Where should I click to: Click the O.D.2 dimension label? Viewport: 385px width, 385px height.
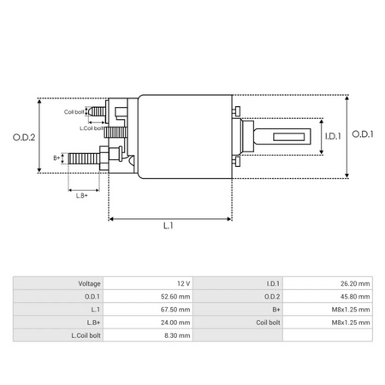click(23, 136)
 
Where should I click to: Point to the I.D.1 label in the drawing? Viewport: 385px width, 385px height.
click(333, 135)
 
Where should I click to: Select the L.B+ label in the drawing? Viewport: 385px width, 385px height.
click(82, 196)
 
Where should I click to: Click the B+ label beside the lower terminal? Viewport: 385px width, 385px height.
click(57, 157)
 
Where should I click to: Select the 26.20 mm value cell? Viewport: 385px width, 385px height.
click(352, 283)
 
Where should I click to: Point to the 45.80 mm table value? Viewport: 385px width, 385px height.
click(352, 296)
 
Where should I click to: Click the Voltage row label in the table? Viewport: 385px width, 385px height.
click(89, 283)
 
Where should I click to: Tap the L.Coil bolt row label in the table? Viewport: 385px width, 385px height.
click(84, 335)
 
